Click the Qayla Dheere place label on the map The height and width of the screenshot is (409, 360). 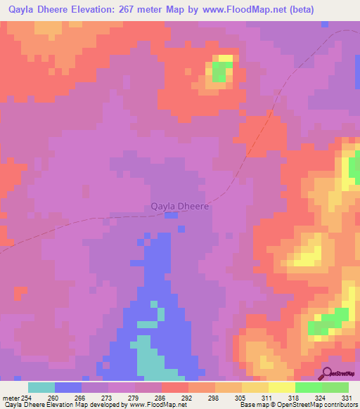[x=180, y=207]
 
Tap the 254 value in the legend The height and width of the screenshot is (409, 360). [x=27, y=398]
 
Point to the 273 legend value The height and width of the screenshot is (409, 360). [x=108, y=398]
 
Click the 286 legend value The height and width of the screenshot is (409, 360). [x=161, y=398]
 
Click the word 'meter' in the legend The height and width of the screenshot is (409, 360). [x=10, y=398]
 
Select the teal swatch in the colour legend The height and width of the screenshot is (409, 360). [x=41, y=387]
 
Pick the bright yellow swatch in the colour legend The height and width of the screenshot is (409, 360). [x=282, y=387]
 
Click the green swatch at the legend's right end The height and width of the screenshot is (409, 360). [x=335, y=387]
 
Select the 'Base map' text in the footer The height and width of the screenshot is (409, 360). [x=252, y=405]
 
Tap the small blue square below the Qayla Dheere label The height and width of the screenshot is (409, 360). [x=170, y=216]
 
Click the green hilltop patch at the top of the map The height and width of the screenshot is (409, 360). [x=220, y=72]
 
